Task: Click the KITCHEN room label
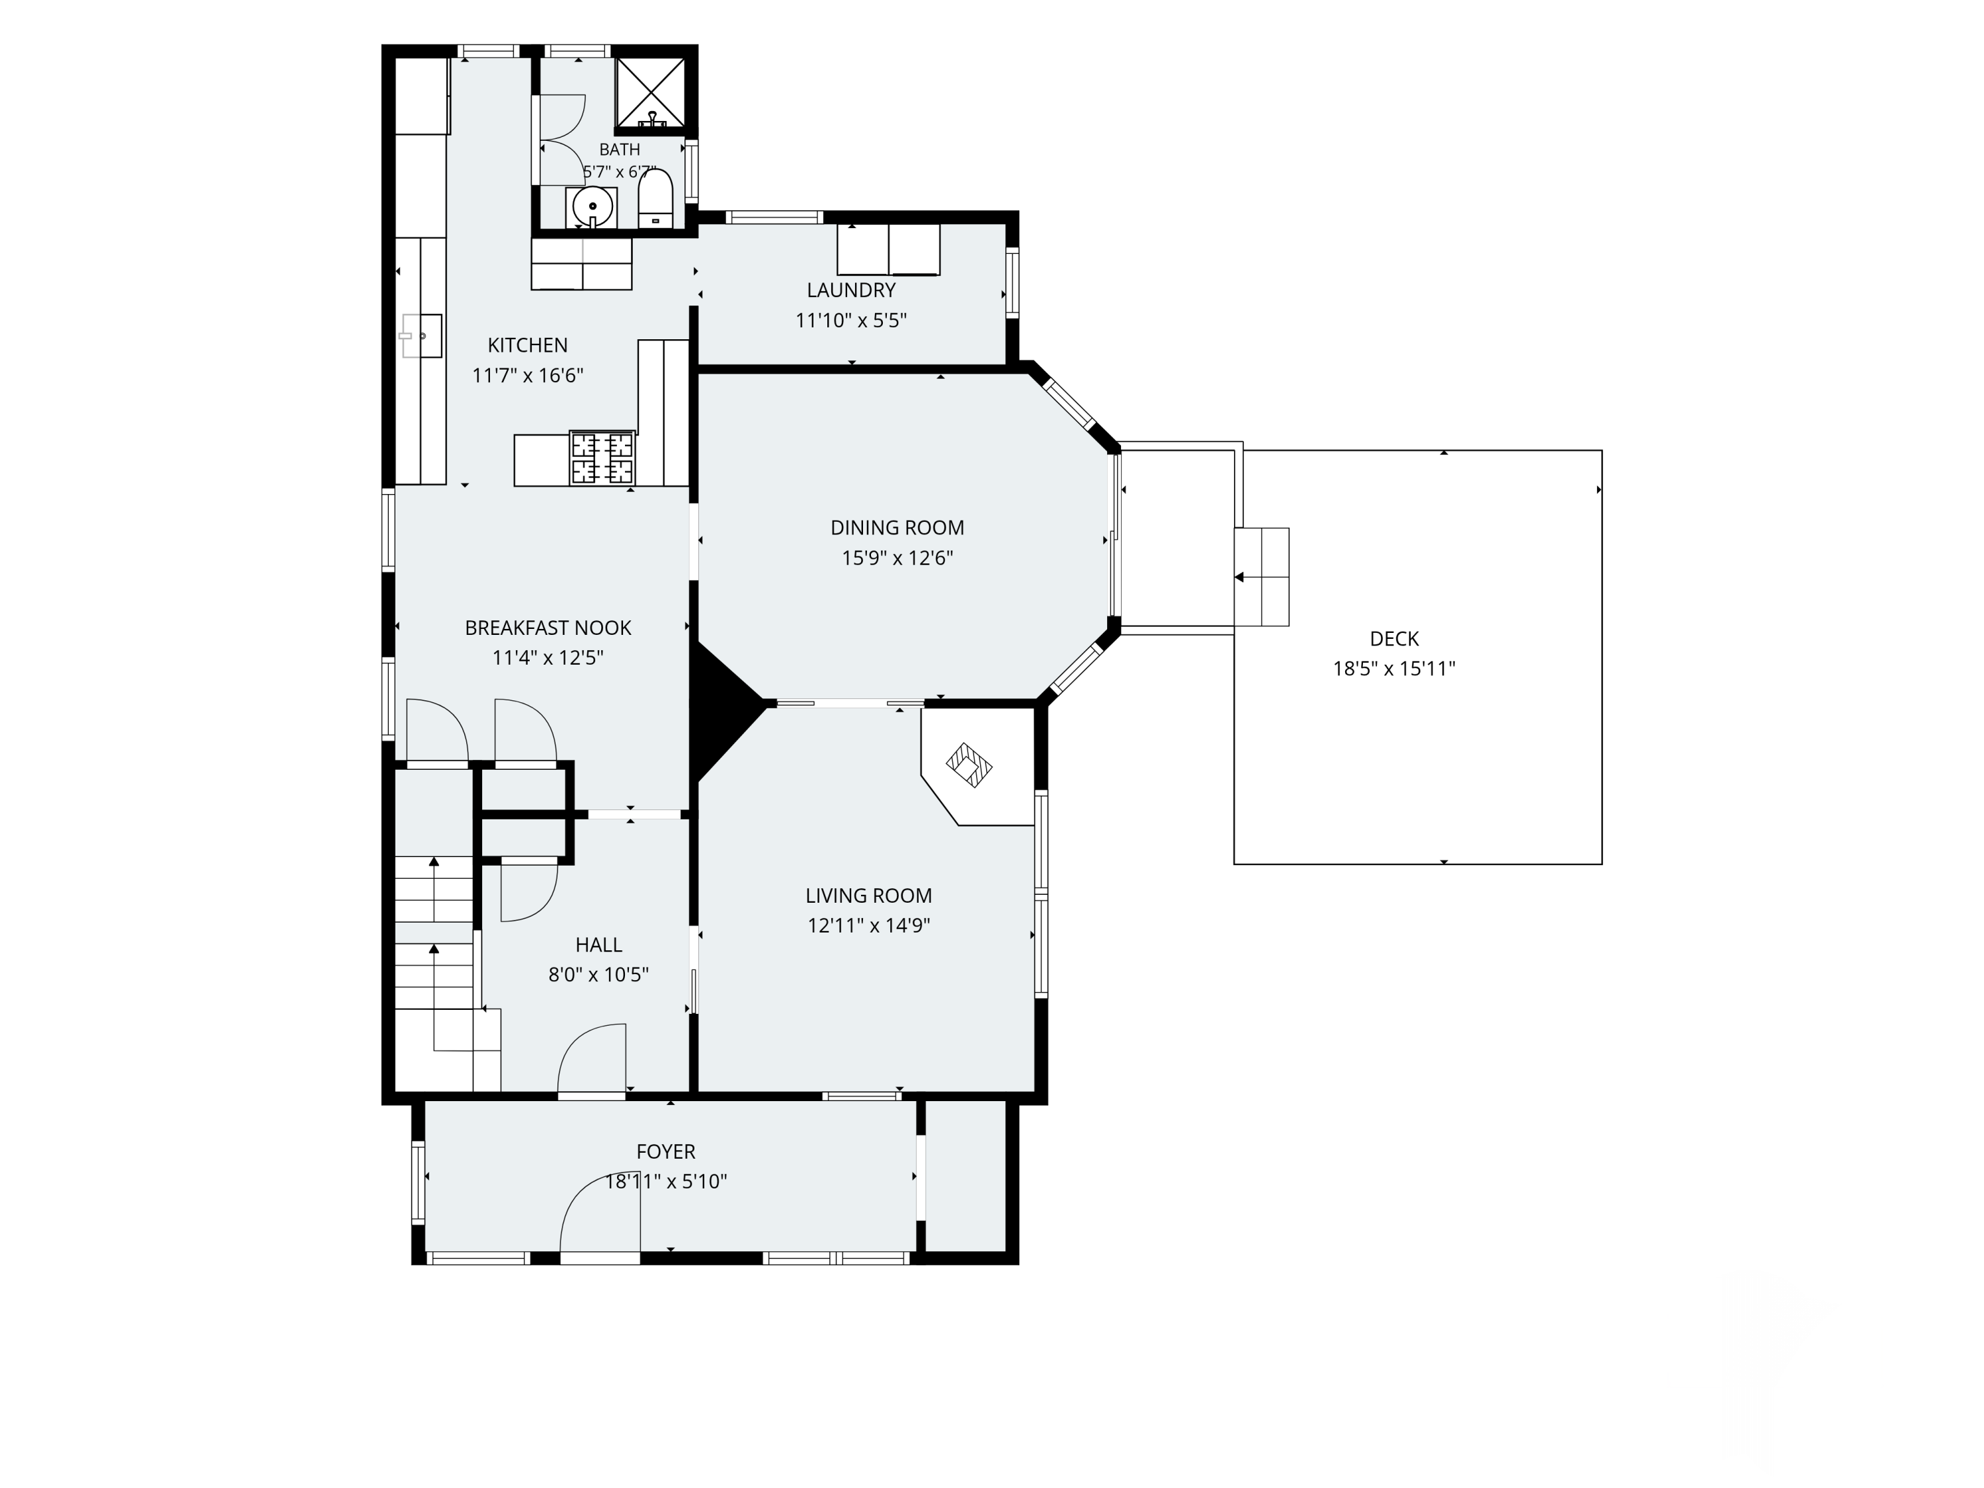tap(527, 345)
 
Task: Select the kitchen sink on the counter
tap(421, 335)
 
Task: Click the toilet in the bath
tap(655, 199)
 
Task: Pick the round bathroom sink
tap(592, 207)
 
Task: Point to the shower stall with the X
tap(650, 91)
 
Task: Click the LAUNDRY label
tap(851, 290)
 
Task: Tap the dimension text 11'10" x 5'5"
tap(851, 320)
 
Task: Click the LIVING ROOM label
tap(868, 895)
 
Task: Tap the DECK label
tap(1394, 639)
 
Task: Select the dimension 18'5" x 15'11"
tap(1394, 668)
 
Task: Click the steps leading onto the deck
tap(1262, 577)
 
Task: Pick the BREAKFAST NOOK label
tap(548, 628)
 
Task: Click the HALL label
tap(599, 944)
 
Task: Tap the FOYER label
tap(665, 1151)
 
